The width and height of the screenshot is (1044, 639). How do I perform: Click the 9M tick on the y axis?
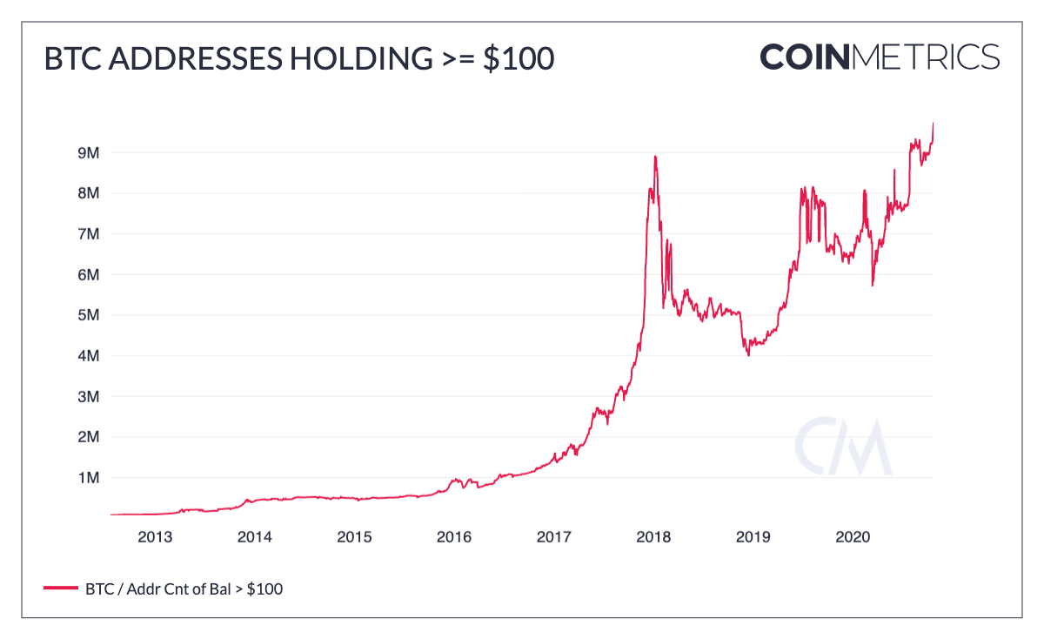(x=89, y=152)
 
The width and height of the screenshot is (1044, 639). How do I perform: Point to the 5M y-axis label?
(x=89, y=315)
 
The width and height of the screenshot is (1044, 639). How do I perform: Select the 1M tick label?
(x=89, y=478)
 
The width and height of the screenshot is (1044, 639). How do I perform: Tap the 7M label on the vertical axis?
(x=89, y=233)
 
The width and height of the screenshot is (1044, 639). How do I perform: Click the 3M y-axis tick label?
(x=89, y=396)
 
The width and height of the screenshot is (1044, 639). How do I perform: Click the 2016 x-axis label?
(x=454, y=537)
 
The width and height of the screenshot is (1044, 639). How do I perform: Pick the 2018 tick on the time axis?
(x=653, y=537)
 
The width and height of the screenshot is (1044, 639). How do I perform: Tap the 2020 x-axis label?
(x=853, y=537)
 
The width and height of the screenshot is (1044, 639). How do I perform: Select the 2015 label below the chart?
(x=355, y=537)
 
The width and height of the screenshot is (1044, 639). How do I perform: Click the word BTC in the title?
(x=69, y=58)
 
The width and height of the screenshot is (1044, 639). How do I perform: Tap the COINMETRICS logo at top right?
(x=879, y=57)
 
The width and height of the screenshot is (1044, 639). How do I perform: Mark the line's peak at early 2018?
(x=654, y=157)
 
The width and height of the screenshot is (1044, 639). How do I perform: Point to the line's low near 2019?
(x=748, y=355)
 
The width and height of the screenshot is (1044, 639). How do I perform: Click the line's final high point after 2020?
(x=933, y=124)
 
